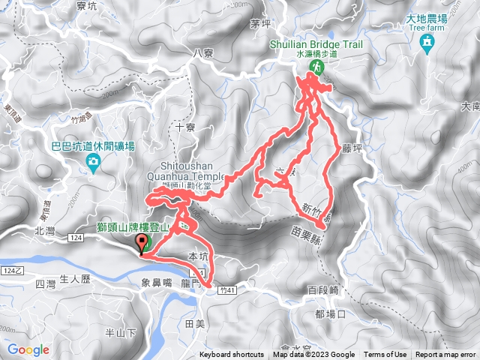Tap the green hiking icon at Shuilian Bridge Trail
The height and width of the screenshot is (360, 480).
pos(316,68)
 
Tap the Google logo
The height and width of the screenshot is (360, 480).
pos(28,349)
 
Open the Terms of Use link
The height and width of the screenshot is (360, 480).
pos(385,355)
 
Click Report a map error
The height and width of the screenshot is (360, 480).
pos(445,355)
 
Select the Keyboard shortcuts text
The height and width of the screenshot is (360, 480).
pos(232,355)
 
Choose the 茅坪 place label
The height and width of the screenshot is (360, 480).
pos(261,24)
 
